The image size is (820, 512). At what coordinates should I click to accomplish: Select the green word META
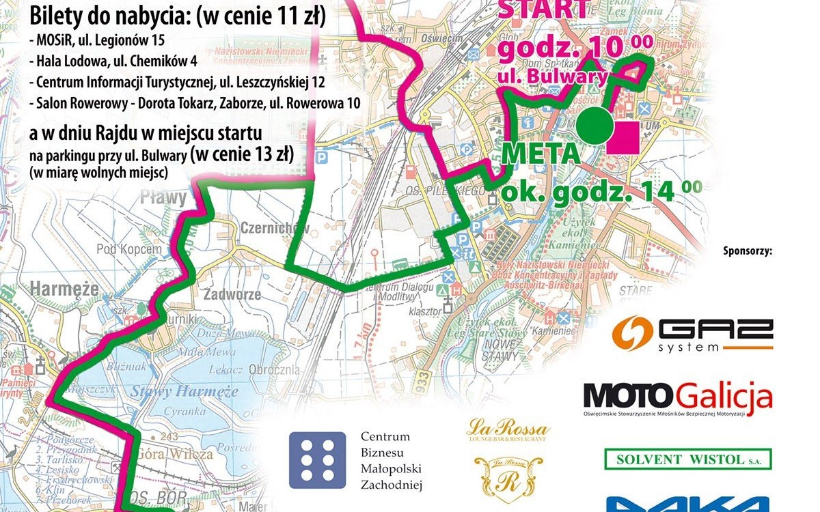point(541,153)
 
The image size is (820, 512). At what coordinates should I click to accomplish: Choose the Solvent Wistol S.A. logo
point(687,459)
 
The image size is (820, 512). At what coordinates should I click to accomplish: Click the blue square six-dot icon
point(317,460)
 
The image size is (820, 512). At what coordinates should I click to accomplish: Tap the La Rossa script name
point(508,430)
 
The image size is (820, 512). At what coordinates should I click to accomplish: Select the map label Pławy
point(163,199)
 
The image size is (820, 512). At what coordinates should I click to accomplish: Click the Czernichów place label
point(275,228)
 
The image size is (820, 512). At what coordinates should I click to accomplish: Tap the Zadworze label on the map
point(232,295)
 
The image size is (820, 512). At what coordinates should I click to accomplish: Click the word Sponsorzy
point(747,251)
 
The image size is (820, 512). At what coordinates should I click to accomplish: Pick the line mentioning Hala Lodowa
point(113,61)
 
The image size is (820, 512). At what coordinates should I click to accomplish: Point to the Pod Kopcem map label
point(129,249)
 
